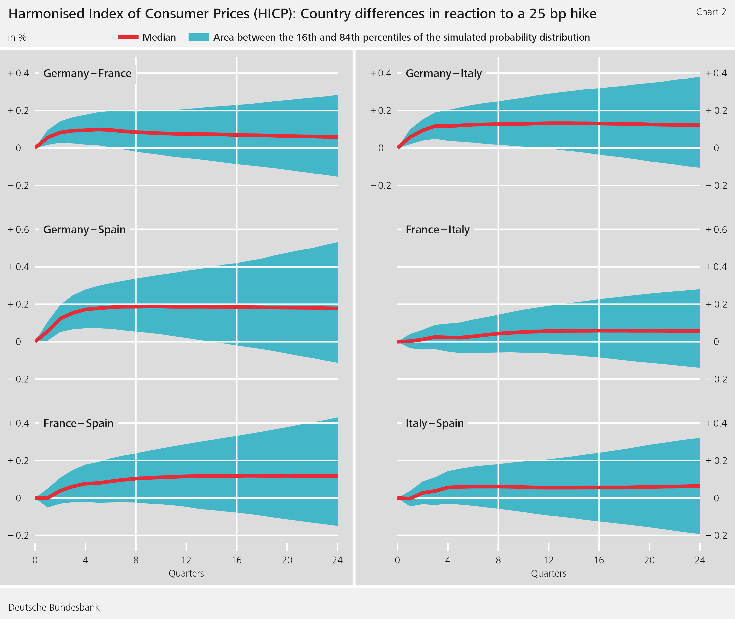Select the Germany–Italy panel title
[443, 73]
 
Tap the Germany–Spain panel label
[84, 229]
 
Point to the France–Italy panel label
[437, 229]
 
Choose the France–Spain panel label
[78, 423]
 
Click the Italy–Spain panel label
[434, 423]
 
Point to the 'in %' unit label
[17, 37]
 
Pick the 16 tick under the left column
[236, 560]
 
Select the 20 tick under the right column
[649, 560]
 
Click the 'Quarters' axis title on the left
[186, 573]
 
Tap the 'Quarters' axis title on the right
[549, 573]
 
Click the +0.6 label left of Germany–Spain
[19, 229]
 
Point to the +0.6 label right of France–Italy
[716, 229]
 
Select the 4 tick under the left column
[85, 560]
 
